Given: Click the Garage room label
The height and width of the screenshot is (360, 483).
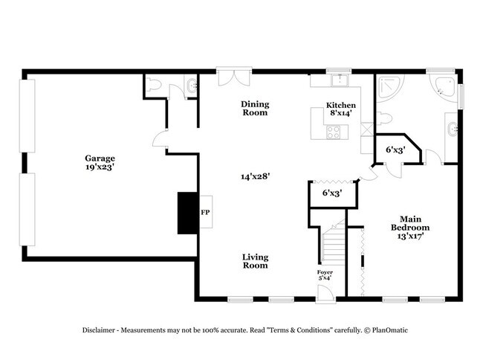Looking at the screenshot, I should coord(100,158).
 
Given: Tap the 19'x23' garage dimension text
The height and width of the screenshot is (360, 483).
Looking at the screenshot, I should coord(100,168).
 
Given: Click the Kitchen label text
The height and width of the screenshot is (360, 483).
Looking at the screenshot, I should coord(341,106).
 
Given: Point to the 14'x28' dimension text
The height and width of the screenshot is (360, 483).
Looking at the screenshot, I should coord(254,176).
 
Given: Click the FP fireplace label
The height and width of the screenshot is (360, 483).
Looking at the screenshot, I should coord(205,212).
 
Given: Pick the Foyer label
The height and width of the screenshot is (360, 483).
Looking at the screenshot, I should coord(325,273).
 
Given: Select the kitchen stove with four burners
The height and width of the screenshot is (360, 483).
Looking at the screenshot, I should coord(334,134).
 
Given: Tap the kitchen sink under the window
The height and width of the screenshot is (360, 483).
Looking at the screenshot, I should coord(340,80).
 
